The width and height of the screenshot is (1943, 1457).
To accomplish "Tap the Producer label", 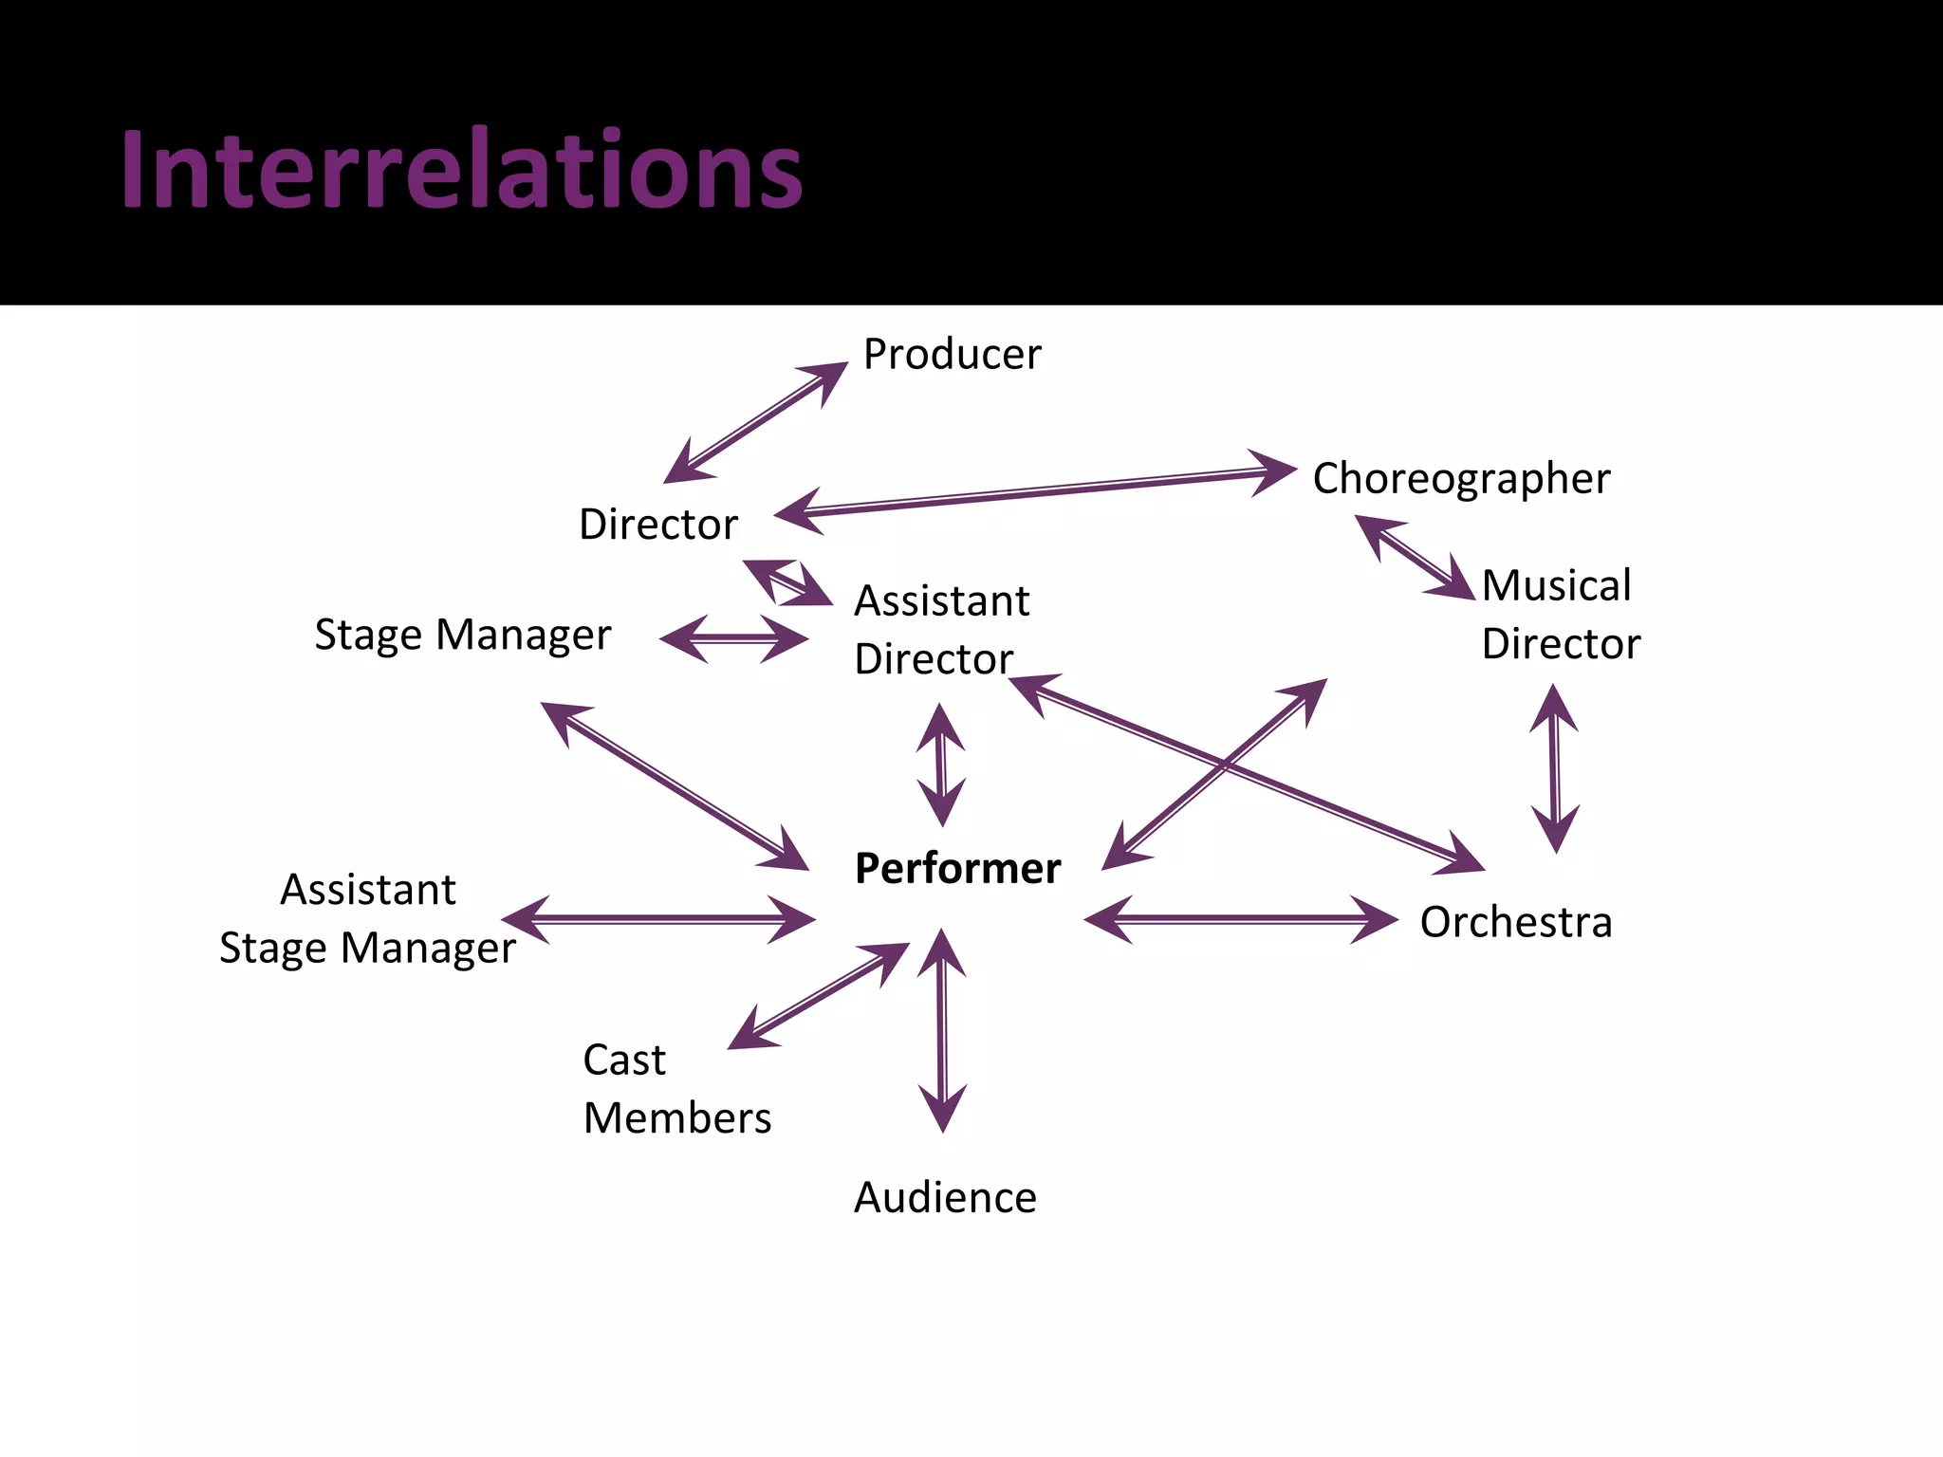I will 952,354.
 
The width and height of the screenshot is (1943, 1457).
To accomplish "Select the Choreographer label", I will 1461,478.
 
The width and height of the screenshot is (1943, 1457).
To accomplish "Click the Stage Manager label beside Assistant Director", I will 462,635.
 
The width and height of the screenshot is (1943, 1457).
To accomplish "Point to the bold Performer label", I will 957,868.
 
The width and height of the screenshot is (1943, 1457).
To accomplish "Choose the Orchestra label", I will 1516,922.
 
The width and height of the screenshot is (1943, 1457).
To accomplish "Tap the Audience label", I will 945,1197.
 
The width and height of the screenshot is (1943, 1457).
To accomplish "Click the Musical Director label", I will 1561,614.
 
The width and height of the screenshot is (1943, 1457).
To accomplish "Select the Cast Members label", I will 676,1088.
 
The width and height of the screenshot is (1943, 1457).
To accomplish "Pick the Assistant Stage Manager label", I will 368,918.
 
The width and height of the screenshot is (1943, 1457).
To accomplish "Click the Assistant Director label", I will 941,629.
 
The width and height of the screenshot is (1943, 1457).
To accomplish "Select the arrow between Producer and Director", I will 755,423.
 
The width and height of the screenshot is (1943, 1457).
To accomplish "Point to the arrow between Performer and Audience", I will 942,1031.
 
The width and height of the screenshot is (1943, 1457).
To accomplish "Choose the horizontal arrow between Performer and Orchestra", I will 1241,919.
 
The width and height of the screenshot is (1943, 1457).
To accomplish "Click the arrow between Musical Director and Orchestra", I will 1554,769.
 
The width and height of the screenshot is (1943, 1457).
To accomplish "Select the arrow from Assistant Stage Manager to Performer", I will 658,919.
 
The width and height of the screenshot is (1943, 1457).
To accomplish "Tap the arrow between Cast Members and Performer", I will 818,996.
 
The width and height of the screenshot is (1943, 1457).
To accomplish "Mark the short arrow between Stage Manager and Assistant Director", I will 734,638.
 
